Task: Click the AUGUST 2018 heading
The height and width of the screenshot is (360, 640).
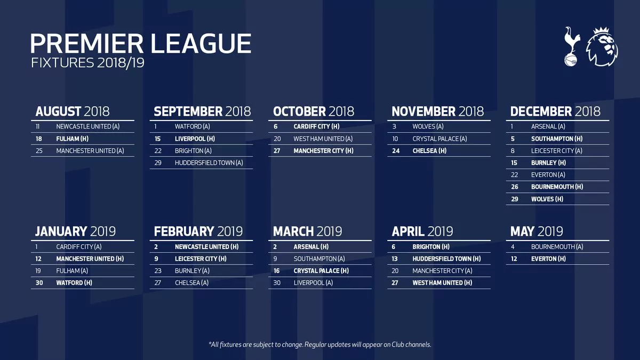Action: (x=72, y=111)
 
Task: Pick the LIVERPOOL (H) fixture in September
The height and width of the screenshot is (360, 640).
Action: (x=195, y=139)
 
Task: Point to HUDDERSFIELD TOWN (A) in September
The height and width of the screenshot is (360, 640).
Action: (x=209, y=163)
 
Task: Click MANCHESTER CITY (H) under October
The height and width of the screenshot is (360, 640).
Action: (x=323, y=151)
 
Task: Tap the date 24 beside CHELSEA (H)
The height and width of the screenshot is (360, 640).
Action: (x=395, y=151)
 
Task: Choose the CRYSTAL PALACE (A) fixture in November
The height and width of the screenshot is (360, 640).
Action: (x=439, y=139)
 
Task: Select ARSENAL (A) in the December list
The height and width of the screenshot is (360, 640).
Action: (x=548, y=127)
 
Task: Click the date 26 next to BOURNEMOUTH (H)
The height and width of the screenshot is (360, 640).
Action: (x=514, y=187)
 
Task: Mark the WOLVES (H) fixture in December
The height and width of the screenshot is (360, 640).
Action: (x=547, y=199)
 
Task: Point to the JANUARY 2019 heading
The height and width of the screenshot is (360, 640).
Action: (x=75, y=231)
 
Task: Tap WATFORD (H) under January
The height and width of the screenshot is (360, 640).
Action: (x=74, y=283)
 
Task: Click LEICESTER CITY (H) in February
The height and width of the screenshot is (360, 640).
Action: (x=201, y=259)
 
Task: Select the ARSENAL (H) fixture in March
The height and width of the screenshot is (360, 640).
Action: (x=311, y=247)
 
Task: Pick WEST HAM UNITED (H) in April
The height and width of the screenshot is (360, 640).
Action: (x=442, y=283)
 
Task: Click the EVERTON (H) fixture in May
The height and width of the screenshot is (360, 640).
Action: (x=548, y=259)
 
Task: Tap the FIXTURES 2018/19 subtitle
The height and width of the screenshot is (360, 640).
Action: (x=87, y=63)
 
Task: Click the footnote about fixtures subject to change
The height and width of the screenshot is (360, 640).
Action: (x=319, y=345)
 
